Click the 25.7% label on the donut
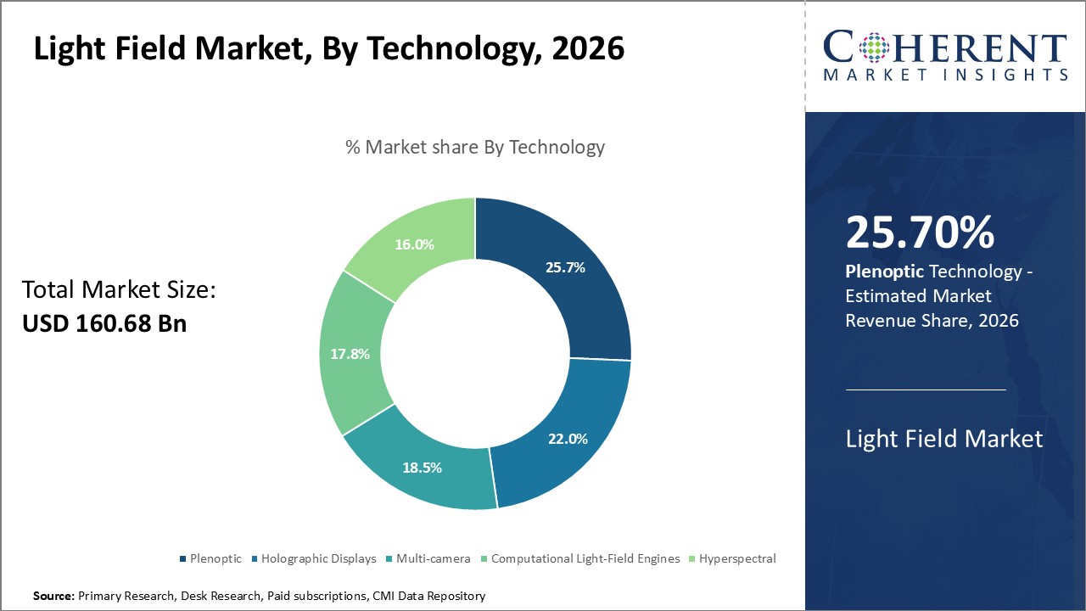[x=564, y=267]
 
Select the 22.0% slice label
[x=568, y=439]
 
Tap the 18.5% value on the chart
[x=421, y=468]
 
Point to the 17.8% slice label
[x=350, y=354]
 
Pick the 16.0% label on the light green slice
[x=414, y=244]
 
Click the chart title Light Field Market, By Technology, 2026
[x=329, y=49]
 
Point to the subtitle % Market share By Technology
[x=475, y=147]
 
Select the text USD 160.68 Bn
[x=104, y=323]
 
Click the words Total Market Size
[x=120, y=290]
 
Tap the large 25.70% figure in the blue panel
[x=920, y=233]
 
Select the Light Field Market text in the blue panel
[x=943, y=439]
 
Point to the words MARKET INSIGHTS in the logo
[x=945, y=76]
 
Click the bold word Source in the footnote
[x=53, y=597]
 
